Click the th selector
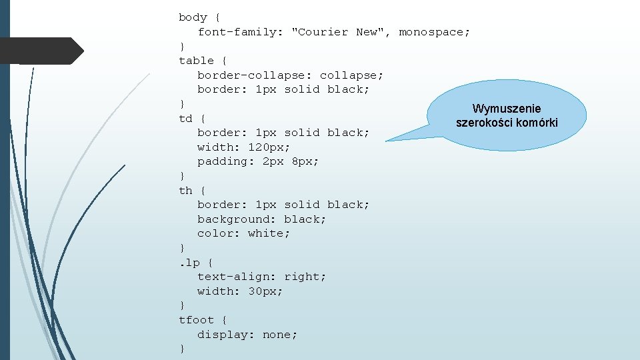185,191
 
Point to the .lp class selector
189,262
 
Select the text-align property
236,277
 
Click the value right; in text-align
305,277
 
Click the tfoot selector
197,320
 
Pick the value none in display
280,335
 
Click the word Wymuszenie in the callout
507,109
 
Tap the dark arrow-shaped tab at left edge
40,51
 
